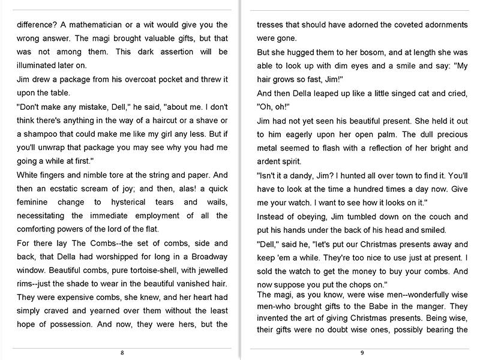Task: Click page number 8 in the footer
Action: click(122, 353)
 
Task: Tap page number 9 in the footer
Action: click(362, 353)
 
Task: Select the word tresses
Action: click(271, 25)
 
